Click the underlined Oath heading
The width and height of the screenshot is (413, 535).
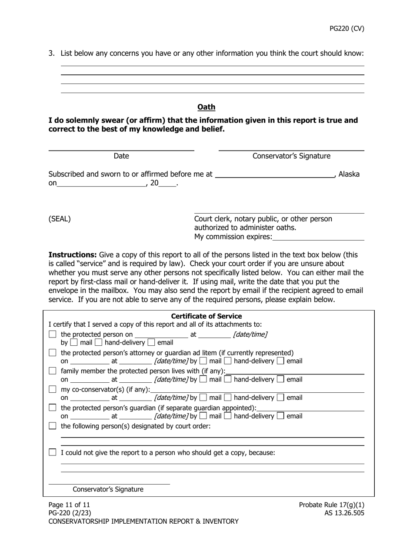point(206,107)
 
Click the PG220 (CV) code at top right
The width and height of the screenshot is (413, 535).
point(346,29)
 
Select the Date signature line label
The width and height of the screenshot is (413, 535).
point(121,156)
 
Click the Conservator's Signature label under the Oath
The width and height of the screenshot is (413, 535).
point(291,156)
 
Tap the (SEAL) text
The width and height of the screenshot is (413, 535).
point(60,219)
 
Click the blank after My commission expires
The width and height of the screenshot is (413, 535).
point(318,237)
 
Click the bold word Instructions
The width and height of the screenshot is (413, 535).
point(73,255)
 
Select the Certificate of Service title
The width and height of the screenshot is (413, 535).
point(206,316)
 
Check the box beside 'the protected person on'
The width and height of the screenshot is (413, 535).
point(53,334)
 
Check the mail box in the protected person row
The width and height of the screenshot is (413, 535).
point(76,343)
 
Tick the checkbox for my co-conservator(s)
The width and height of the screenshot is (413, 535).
point(53,389)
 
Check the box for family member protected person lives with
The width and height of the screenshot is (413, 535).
point(53,371)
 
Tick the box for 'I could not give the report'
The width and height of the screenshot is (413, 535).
point(53,453)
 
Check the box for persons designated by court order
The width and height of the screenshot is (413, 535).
point(53,426)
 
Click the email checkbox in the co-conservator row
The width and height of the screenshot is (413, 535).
point(281,398)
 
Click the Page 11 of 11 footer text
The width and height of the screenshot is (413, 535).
point(69,505)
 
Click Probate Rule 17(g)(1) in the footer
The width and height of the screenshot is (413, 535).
point(331,505)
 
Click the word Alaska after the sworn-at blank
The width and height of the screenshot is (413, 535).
point(349,174)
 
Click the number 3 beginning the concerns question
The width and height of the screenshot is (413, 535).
point(51,53)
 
